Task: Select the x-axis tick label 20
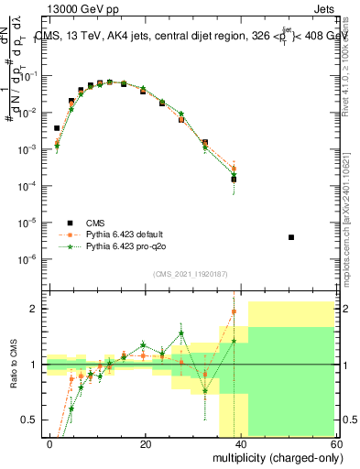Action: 146,442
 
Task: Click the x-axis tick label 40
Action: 241,442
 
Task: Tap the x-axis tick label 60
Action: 335,442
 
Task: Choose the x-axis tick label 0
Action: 50,442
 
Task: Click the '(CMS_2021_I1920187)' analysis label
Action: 190,273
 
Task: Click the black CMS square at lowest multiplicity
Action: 57,128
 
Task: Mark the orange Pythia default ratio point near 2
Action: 234,311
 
